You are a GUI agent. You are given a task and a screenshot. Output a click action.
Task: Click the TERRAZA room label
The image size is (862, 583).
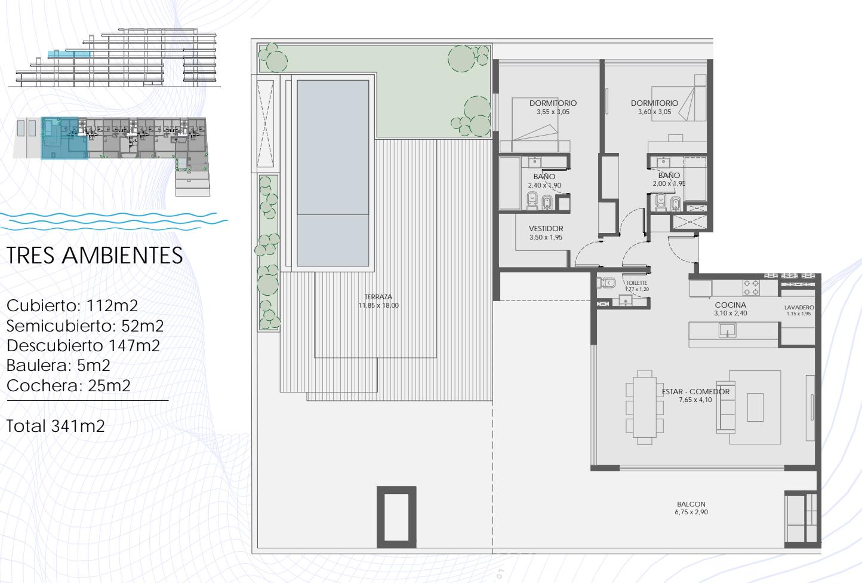(x=378, y=297)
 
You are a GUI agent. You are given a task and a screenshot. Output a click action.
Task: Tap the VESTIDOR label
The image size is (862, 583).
(x=546, y=229)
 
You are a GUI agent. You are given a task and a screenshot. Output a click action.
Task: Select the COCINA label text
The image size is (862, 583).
(x=731, y=305)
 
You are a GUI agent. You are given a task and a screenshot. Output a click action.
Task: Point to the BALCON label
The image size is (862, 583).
(x=691, y=504)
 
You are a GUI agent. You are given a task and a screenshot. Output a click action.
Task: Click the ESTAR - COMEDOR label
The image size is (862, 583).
(x=695, y=392)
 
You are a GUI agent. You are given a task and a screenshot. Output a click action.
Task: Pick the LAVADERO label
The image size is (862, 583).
(x=799, y=307)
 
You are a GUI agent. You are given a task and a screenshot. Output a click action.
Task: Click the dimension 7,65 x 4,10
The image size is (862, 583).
(x=695, y=400)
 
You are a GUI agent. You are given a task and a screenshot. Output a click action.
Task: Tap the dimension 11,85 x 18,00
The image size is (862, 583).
(x=378, y=305)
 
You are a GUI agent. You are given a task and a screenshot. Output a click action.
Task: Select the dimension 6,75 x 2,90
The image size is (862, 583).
(x=691, y=512)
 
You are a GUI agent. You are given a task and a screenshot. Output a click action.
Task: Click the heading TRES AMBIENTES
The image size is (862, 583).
(x=95, y=255)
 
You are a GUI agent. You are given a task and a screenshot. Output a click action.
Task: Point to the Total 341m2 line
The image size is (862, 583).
(x=56, y=426)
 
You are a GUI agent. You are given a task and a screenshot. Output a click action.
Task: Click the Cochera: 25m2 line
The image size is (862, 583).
(x=69, y=385)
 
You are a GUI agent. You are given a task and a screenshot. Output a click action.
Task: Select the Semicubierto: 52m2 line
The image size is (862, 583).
(x=85, y=326)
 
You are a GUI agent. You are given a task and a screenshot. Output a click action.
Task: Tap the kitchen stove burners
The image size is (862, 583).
(x=751, y=288)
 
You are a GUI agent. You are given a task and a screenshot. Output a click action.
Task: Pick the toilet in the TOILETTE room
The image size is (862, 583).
(x=606, y=283)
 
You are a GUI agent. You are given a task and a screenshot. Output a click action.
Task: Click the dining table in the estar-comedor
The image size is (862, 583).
(x=645, y=407)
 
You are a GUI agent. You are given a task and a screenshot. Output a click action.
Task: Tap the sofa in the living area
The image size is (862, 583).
(x=726, y=407)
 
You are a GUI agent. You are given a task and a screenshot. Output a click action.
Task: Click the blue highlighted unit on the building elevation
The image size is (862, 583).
(x=70, y=54)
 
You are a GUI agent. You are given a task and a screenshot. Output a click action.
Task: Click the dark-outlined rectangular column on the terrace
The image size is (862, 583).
(x=396, y=517)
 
